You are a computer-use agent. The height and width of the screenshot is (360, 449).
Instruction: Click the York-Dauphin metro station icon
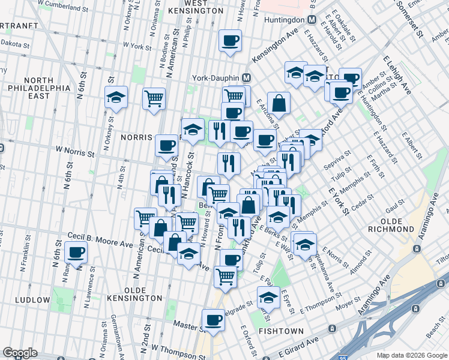pyautogui.click(x=246, y=78)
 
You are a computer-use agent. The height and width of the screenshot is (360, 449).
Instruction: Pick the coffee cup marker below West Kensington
pyautogui.click(x=230, y=40)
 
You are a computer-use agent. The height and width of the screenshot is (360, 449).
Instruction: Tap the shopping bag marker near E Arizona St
pyautogui.click(x=279, y=102)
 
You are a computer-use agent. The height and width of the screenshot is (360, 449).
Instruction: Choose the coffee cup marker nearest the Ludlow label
pyautogui.click(x=76, y=253)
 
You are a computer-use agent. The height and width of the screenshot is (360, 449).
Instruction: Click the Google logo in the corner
pyautogui.click(x=20, y=353)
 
